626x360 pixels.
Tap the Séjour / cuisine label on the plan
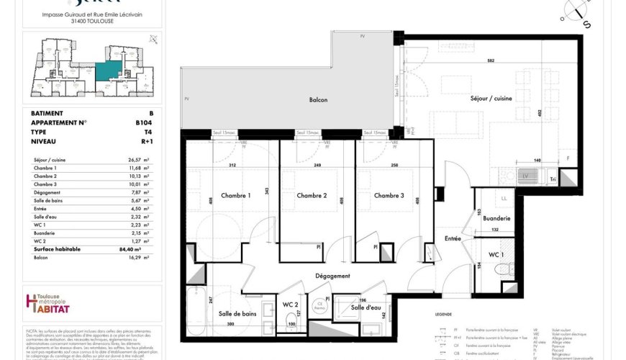[x=491, y=98]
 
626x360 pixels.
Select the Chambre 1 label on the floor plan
[x=235, y=196]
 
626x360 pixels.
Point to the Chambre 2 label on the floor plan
[x=312, y=196]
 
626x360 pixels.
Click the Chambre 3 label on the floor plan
[x=388, y=196]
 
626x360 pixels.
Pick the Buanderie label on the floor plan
[x=497, y=218]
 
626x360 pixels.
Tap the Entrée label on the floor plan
[x=453, y=238]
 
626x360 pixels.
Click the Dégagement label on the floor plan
[x=332, y=276]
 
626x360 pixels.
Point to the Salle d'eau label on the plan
[x=366, y=307]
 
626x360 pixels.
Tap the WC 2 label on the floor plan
[x=290, y=306]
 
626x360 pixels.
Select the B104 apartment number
[x=144, y=122]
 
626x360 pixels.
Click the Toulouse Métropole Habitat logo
[x=48, y=304]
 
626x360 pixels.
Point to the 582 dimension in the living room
[x=491, y=60]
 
